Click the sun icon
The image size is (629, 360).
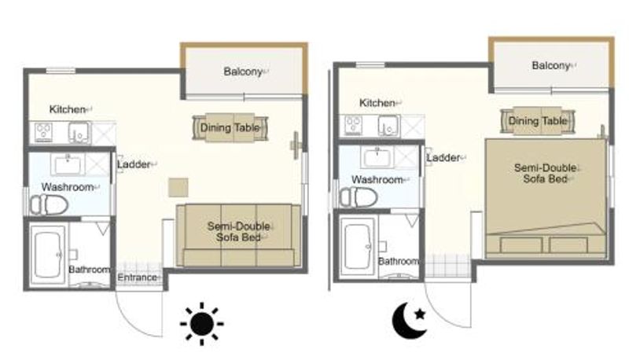click(x=202, y=324)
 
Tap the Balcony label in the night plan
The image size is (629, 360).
click(x=551, y=66)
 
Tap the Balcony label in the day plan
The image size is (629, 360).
click(x=243, y=72)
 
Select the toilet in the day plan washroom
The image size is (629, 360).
click(x=49, y=204)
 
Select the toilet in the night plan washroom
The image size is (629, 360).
click(x=359, y=197)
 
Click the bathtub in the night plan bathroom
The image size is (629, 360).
click(x=359, y=246)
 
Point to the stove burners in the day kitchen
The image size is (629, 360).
click(x=43, y=132)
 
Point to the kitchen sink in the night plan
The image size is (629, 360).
click(x=388, y=126)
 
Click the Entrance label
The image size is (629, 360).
click(x=137, y=277)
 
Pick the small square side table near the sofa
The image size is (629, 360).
click(x=178, y=187)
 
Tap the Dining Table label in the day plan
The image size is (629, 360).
click(x=230, y=128)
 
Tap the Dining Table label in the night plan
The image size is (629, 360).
click(x=538, y=121)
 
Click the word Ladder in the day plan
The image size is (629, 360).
click(x=134, y=164)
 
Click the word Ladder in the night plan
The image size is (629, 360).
click(x=443, y=157)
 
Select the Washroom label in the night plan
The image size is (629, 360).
click(x=377, y=179)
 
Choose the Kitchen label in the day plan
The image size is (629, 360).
click(x=68, y=109)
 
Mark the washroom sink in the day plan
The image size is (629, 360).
click(x=68, y=165)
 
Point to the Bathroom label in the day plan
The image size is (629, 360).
click(x=89, y=270)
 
